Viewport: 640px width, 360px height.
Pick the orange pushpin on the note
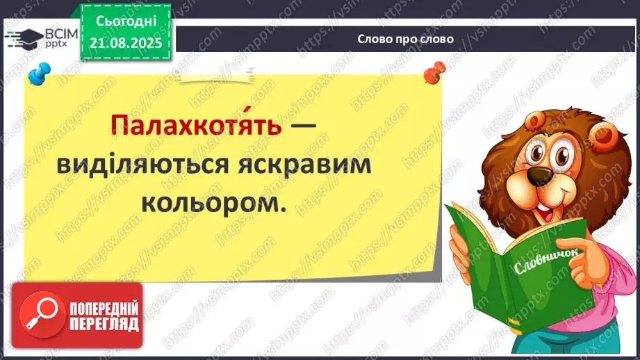coord(436,69)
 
